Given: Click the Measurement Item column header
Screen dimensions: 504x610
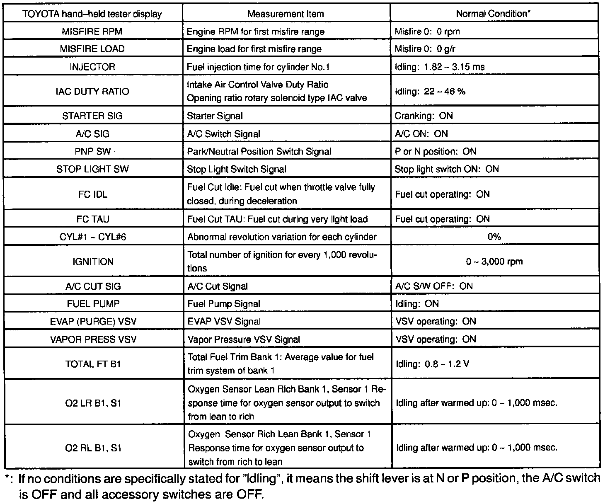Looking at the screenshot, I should [x=286, y=14].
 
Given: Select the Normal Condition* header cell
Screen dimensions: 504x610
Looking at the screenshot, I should [x=493, y=14].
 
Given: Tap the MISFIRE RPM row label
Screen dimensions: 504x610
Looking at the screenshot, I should [x=92, y=31].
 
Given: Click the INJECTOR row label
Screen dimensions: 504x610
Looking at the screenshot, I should [x=92, y=67].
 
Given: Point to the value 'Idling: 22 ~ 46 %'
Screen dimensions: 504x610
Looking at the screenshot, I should [x=430, y=91].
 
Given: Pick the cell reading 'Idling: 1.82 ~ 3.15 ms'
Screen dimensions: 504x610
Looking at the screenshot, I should [x=440, y=67].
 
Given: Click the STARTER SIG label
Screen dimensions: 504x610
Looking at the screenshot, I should [x=92, y=116].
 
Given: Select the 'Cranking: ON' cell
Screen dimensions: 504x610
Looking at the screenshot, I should [x=424, y=116].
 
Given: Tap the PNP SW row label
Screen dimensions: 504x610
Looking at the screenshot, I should [x=92, y=151].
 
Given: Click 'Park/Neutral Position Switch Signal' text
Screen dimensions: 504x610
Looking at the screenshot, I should [x=259, y=151].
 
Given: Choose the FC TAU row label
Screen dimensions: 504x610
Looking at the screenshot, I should [x=93, y=219].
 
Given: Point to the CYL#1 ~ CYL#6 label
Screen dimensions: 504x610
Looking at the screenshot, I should [x=93, y=237].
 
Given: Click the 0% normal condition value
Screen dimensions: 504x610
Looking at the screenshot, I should [x=494, y=237].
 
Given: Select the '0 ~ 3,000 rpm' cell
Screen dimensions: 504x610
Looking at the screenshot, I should [x=494, y=262].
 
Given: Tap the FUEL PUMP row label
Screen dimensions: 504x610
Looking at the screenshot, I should [x=93, y=304].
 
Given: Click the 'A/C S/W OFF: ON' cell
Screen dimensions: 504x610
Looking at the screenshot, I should [x=434, y=286].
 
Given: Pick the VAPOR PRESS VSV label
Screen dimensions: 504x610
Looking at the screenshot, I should [x=93, y=339].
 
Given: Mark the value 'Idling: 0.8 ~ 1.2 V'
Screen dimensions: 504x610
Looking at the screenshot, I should [x=433, y=364].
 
